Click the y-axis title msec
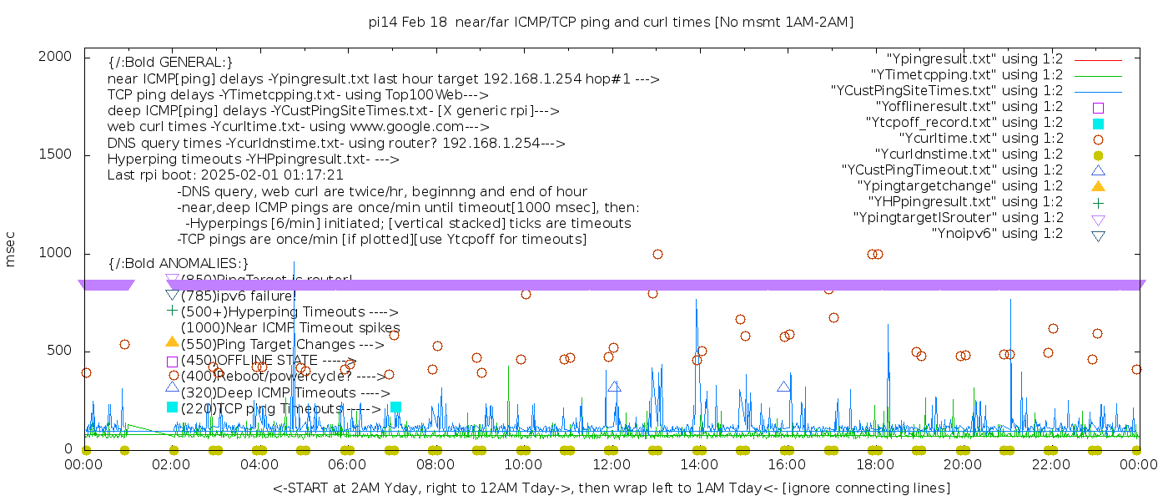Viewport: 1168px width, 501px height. coord(11,251)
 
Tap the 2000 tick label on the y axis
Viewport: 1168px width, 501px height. coord(59,56)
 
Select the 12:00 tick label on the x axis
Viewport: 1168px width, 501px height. coord(612,464)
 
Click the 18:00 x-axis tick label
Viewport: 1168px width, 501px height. coord(874,464)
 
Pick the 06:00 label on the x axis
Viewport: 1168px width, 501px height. coord(348,464)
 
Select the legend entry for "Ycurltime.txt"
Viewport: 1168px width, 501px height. coord(980,139)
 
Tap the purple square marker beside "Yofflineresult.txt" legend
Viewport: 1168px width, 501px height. coord(1098,108)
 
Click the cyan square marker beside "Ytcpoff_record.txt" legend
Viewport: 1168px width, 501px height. coord(1098,124)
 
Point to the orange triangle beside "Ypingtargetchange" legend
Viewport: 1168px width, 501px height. coord(1098,186)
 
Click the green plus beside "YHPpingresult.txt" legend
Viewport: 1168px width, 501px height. coord(1098,202)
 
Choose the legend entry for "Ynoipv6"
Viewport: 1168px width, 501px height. coord(997,234)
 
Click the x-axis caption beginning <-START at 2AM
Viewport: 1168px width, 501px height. coord(611,488)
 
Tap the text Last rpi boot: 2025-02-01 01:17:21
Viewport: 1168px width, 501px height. coord(225,175)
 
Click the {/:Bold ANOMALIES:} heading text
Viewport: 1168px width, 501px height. coord(179,264)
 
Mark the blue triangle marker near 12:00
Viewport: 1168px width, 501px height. coord(615,387)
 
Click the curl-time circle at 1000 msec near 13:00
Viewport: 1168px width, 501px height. coord(657,254)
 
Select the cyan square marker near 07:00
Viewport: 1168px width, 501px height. coord(395,407)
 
